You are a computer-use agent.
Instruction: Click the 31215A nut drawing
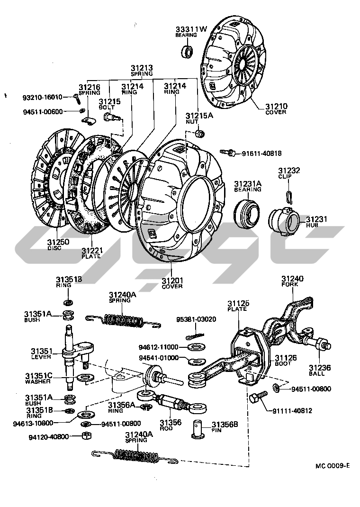pyautogui.click(x=200, y=133)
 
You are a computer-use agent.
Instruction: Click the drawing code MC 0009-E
pyautogui.click(x=332, y=465)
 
